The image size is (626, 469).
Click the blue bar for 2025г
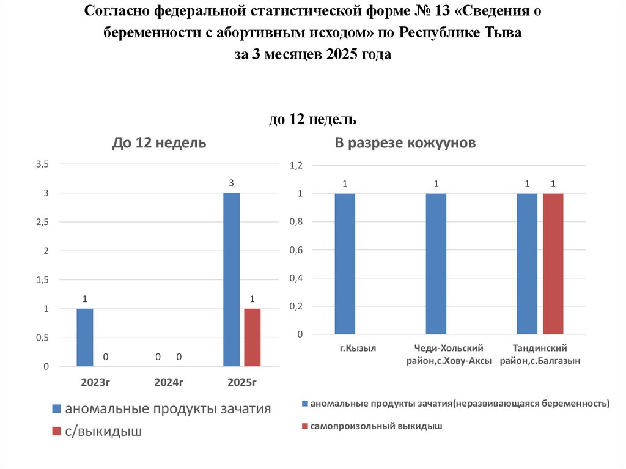pyautogui.click(x=231, y=279)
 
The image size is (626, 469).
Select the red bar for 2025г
pyautogui.click(x=252, y=338)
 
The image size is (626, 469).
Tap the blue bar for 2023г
pyautogui.click(x=85, y=338)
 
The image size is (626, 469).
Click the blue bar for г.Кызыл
pyautogui.click(x=345, y=264)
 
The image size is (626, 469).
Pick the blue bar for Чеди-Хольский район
pyautogui.click(x=436, y=264)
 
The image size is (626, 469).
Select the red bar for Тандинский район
pyautogui.click(x=553, y=264)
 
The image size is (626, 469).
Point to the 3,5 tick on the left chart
pyautogui.click(x=42, y=164)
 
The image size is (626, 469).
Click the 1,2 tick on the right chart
pyautogui.click(x=296, y=166)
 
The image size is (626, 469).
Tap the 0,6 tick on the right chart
pyautogui.click(x=296, y=250)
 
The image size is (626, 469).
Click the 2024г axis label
pyautogui.click(x=169, y=383)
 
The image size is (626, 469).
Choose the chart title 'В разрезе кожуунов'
pyautogui.click(x=405, y=143)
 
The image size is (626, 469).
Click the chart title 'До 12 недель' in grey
pyautogui.click(x=159, y=143)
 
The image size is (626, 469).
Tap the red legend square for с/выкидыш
pyautogui.click(x=56, y=432)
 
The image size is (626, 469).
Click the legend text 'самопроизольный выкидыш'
pyautogui.click(x=376, y=425)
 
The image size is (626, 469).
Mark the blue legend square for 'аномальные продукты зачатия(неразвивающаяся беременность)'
pyautogui.click(x=304, y=404)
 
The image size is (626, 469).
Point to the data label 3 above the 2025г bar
pyautogui.click(x=231, y=183)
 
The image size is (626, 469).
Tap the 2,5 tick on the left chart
pyautogui.click(x=42, y=222)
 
